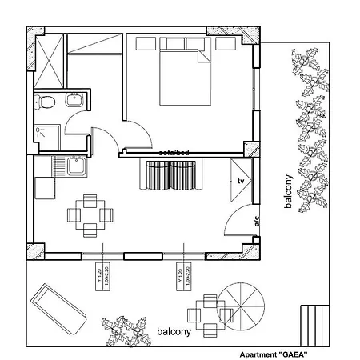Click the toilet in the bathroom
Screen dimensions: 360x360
(47, 102)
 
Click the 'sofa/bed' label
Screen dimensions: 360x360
(174, 152)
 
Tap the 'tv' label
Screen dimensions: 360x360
(239, 182)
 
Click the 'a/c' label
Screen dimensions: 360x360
(257, 222)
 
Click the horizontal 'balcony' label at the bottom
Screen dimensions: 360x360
(174, 330)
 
